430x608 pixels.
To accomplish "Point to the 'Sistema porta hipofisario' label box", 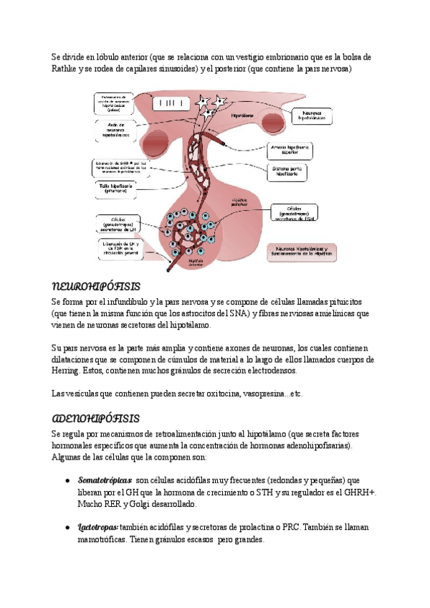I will coord(289,173).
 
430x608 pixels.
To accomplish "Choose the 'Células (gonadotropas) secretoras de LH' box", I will coord(115,225).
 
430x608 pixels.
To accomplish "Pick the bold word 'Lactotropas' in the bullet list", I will coord(97,528).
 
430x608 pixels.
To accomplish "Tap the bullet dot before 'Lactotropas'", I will coord(67,528).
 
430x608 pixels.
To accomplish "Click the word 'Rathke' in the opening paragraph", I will coord(69,70).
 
